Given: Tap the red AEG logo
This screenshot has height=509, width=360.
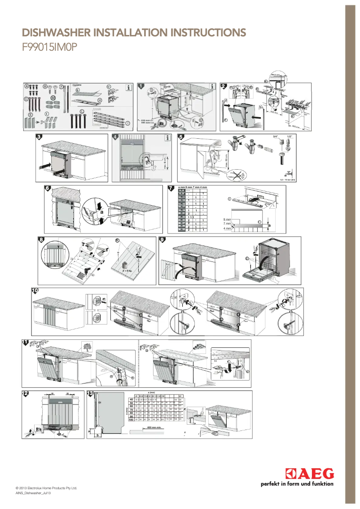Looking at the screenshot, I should point(310,474).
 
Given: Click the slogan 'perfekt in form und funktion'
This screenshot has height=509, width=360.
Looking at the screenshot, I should point(297,484).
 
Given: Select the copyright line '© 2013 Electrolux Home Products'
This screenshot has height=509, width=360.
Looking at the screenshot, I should point(46,487).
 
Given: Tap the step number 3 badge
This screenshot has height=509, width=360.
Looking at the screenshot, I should point(40,137).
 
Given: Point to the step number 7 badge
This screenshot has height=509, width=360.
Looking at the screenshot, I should point(171,188).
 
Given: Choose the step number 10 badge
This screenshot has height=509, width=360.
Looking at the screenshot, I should point(35,291).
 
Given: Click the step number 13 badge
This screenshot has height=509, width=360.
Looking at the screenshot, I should point(90,394).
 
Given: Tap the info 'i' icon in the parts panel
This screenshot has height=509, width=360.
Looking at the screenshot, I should point(129,88).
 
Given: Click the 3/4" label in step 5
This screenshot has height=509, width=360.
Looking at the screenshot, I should point(276,136).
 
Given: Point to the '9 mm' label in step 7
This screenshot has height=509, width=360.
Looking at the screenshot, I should point(227,219).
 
